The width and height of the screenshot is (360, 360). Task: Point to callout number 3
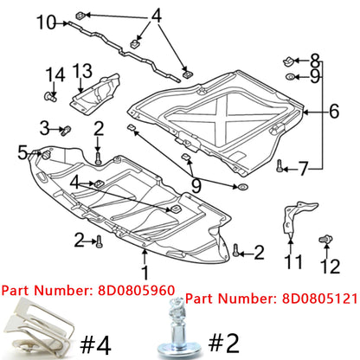[x=44, y=128]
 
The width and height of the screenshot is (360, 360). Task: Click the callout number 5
[x=22, y=153]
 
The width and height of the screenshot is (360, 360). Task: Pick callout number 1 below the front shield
[x=145, y=256]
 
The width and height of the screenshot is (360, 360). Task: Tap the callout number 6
[x=334, y=110]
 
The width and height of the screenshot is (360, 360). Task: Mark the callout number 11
[x=294, y=260]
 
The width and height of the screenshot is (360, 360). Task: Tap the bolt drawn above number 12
[x=329, y=236]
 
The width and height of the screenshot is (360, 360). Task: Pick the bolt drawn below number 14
[x=50, y=97]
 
